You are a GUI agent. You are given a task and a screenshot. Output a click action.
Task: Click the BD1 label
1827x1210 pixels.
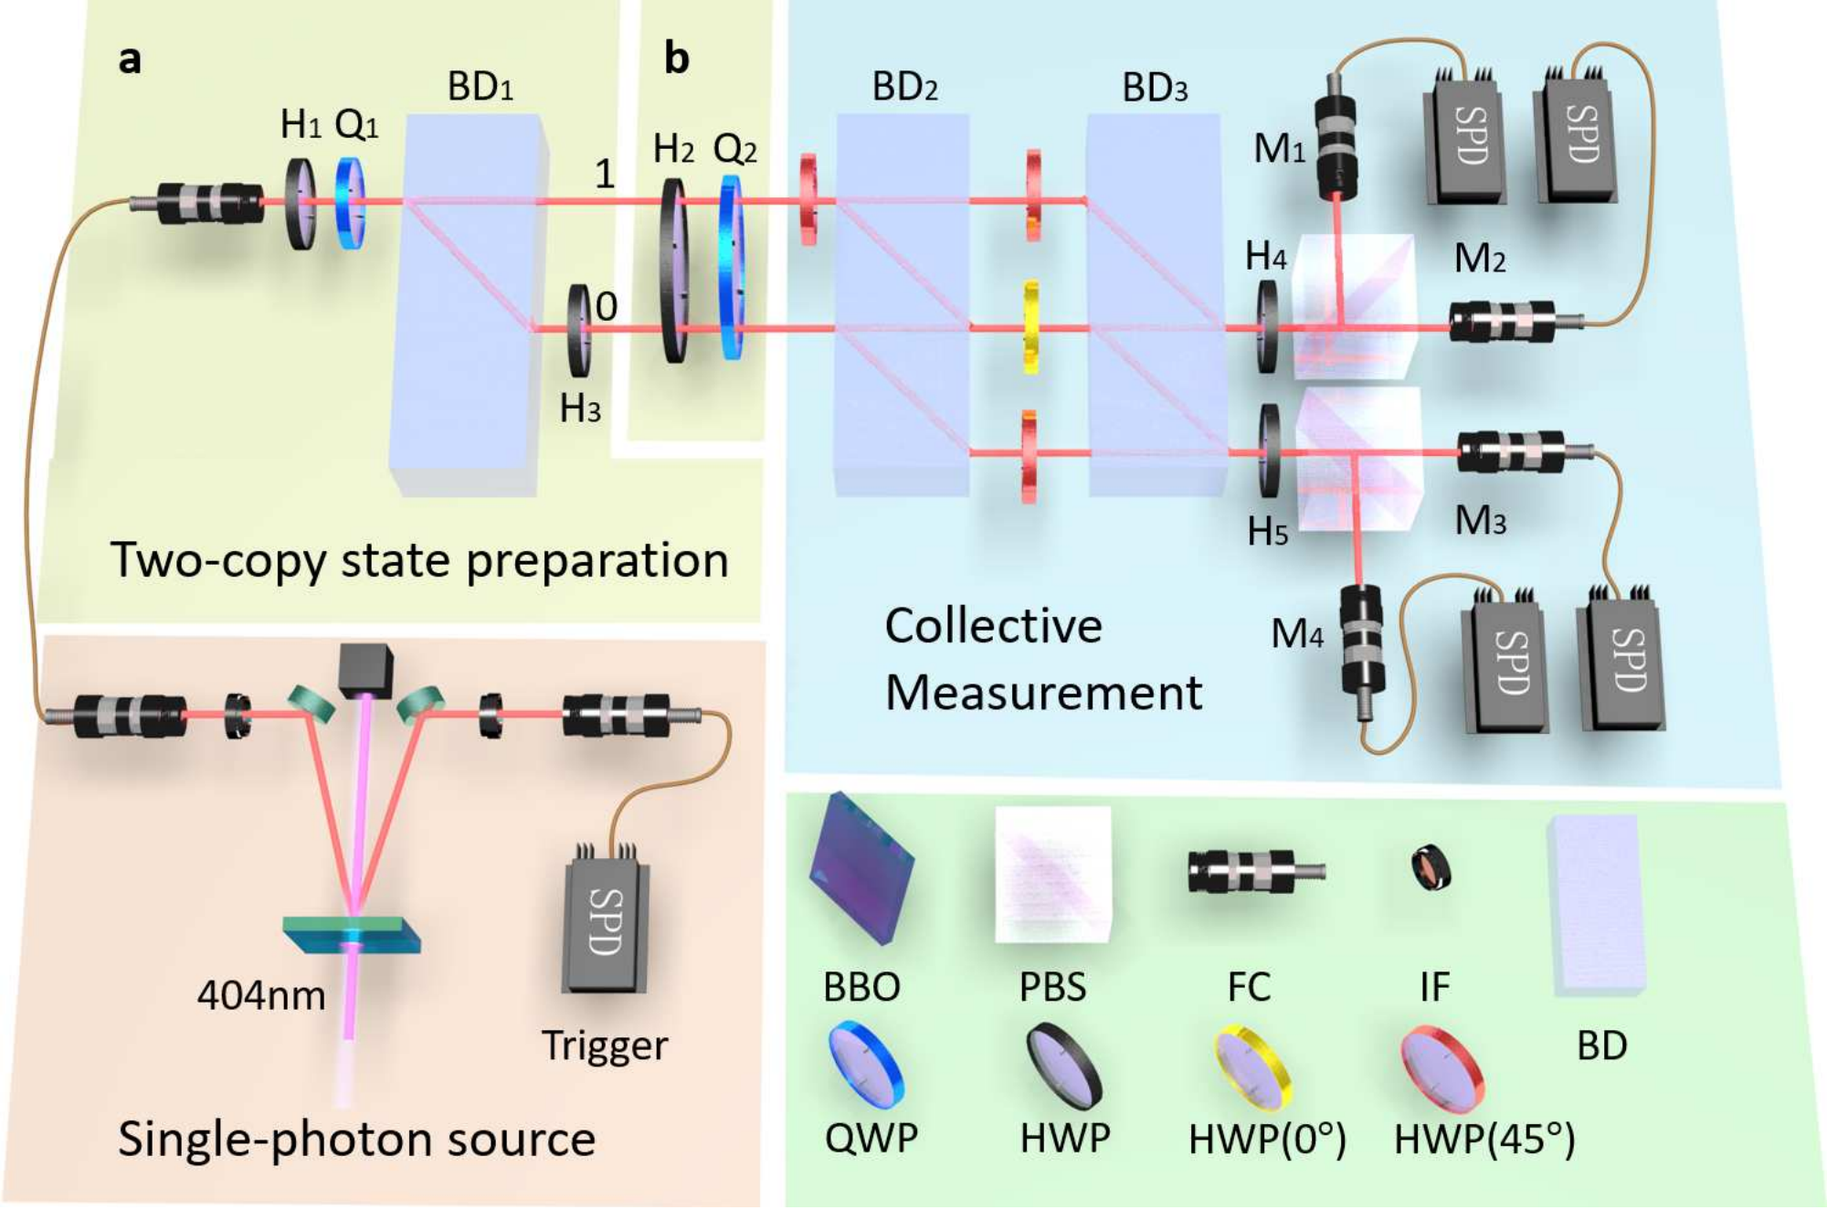click(x=481, y=88)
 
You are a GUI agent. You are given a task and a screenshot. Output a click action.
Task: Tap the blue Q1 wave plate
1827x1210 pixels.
click(x=351, y=203)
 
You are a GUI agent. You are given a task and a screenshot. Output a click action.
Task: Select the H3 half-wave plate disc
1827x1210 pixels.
click(x=579, y=331)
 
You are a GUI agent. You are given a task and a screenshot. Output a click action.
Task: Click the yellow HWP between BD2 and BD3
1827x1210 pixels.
click(x=1030, y=326)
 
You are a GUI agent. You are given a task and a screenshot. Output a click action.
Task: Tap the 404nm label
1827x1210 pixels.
click(x=261, y=995)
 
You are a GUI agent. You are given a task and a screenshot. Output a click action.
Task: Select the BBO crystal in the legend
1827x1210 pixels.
click(x=861, y=868)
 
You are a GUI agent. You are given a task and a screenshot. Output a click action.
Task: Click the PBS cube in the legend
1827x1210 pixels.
click(x=1053, y=874)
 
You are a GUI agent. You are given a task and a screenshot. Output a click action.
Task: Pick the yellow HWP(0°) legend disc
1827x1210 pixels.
click(x=1251, y=1067)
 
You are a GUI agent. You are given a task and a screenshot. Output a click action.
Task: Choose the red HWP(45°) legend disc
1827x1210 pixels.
click(x=1442, y=1068)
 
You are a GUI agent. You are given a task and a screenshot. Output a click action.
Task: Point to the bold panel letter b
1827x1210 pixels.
click(x=676, y=58)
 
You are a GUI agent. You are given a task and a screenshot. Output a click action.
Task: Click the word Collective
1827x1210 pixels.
click(x=994, y=626)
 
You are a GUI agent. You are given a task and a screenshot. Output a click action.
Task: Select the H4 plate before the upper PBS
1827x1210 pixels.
click(x=1267, y=326)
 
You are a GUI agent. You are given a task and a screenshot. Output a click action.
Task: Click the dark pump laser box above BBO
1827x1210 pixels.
click(x=365, y=671)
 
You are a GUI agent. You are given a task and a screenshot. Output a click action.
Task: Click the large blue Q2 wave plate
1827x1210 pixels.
click(x=731, y=267)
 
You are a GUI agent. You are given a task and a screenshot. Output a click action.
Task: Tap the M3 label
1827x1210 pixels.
click(x=1480, y=521)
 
